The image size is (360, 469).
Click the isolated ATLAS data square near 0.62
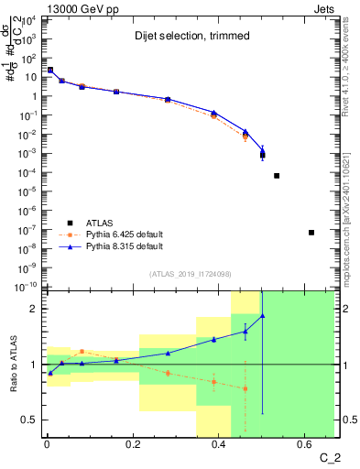pos(311,233)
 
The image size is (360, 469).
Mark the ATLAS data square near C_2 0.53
pos(277,176)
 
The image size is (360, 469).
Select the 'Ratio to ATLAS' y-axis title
pos(14,364)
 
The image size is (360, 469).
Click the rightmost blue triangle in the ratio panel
pos(263,316)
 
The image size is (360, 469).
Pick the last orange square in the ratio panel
pos(245,388)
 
